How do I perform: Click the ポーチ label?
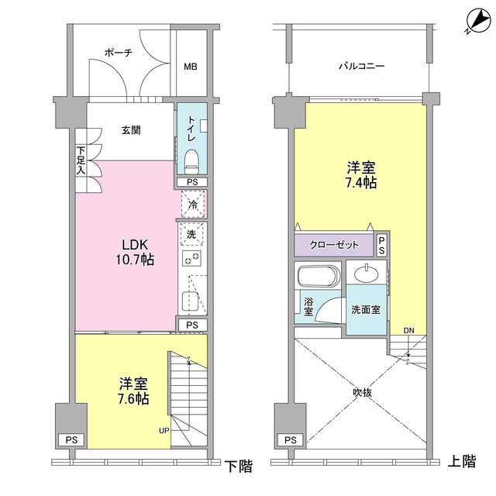(x=118, y=53)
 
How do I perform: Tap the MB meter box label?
(x=190, y=67)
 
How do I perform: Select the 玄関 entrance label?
(x=130, y=130)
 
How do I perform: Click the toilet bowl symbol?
(x=192, y=161)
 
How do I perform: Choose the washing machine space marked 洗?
(x=191, y=233)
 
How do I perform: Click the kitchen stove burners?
(x=191, y=258)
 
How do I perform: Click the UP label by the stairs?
(x=164, y=430)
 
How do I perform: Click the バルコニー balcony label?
(x=360, y=67)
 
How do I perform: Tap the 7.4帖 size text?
(x=360, y=184)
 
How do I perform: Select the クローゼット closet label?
(x=334, y=245)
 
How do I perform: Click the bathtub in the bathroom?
(x=318, y=277)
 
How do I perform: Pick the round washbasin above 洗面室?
(x=364, y=274)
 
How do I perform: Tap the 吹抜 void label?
(x=362, y=393)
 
